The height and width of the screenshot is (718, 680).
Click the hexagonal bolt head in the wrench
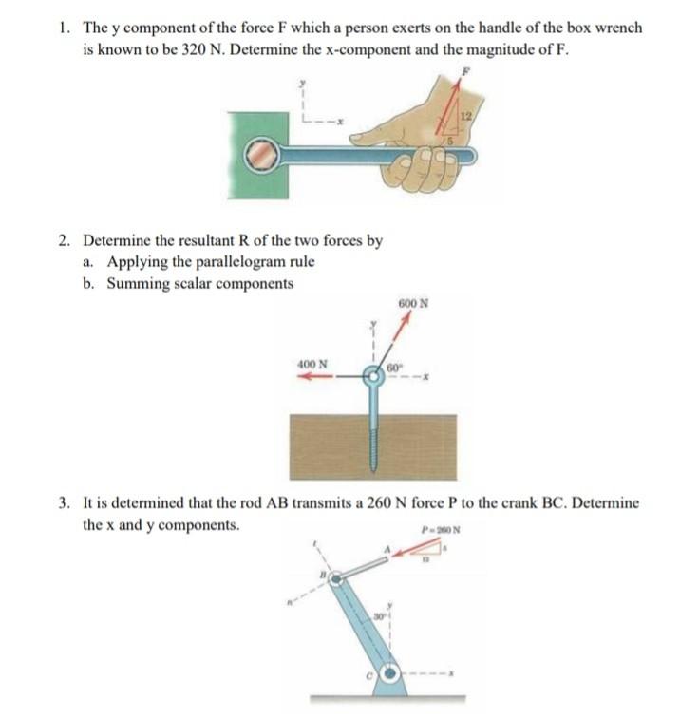click(258, 156)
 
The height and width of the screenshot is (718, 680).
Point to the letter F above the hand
click(464, 71)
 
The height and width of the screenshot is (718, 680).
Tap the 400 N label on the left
click(312, 364)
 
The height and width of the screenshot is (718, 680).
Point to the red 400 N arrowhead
click(303, 376)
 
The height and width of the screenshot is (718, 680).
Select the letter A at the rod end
click(387, 550)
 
